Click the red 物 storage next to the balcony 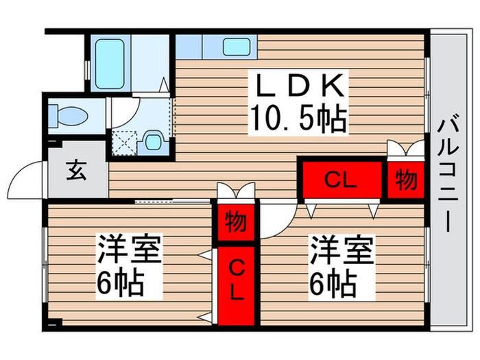tap(405, 180)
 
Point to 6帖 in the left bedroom tap(120, 282)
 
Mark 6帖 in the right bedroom tap(333, 282)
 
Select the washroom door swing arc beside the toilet tap(123, 110)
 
